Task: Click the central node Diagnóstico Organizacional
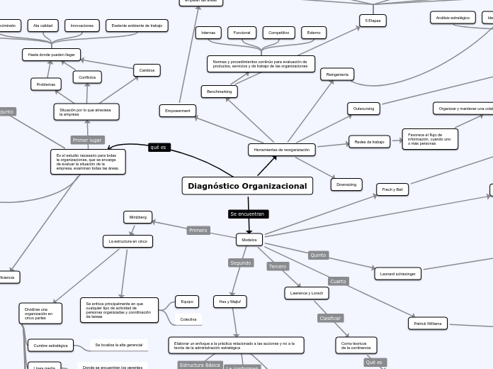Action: tap(247, 186)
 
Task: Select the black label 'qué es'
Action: tap(159, 148)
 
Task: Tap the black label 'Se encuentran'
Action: tap(248, 214)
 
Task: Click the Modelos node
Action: tap(249, 240)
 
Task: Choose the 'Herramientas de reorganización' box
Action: tap(281, 150)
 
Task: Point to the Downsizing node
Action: tap(346, 184)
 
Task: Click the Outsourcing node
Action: tap(363, 109)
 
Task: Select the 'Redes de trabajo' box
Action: tap(369, 142)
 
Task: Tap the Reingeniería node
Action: tap(337, 75)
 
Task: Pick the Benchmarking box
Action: tap(219, 92)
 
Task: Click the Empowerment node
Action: tap(177, 111)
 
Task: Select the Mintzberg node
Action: tap(137, 216)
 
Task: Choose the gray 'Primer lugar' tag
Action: tap(88, 140)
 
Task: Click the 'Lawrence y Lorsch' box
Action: tap(307, 293)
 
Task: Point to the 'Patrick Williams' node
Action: tap(428, 324)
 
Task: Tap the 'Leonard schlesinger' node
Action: tap(397, 273)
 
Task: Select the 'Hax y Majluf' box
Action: tap(229, 302)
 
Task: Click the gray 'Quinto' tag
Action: tap(318, 255)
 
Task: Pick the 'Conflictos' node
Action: tap(87, 77)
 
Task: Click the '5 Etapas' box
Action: tap(373, 21)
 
